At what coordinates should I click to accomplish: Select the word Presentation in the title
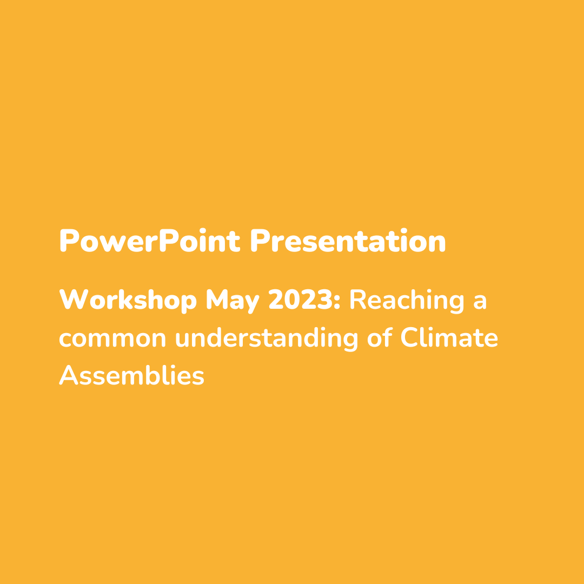click(x=348, y=240)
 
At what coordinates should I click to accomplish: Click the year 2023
click(x=300, y=299)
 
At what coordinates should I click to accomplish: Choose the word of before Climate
click(x=380, y=337)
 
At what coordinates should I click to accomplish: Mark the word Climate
click(x=449, y=337)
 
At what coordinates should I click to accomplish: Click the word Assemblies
click(x=131, y=375)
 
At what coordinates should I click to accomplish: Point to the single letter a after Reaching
click(x=480, y=302)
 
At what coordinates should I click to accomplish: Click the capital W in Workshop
click(x=74, y=299)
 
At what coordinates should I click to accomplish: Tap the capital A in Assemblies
click(x=69, y=375)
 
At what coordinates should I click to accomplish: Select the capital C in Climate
click(x=409, y=337)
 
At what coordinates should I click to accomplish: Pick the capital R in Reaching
click(x=358, y=299)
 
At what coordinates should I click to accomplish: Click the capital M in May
click(x=217, y=299)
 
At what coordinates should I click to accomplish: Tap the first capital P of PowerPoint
click(x=69, y=240)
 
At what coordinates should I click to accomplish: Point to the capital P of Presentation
click(x=260, y=240)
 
